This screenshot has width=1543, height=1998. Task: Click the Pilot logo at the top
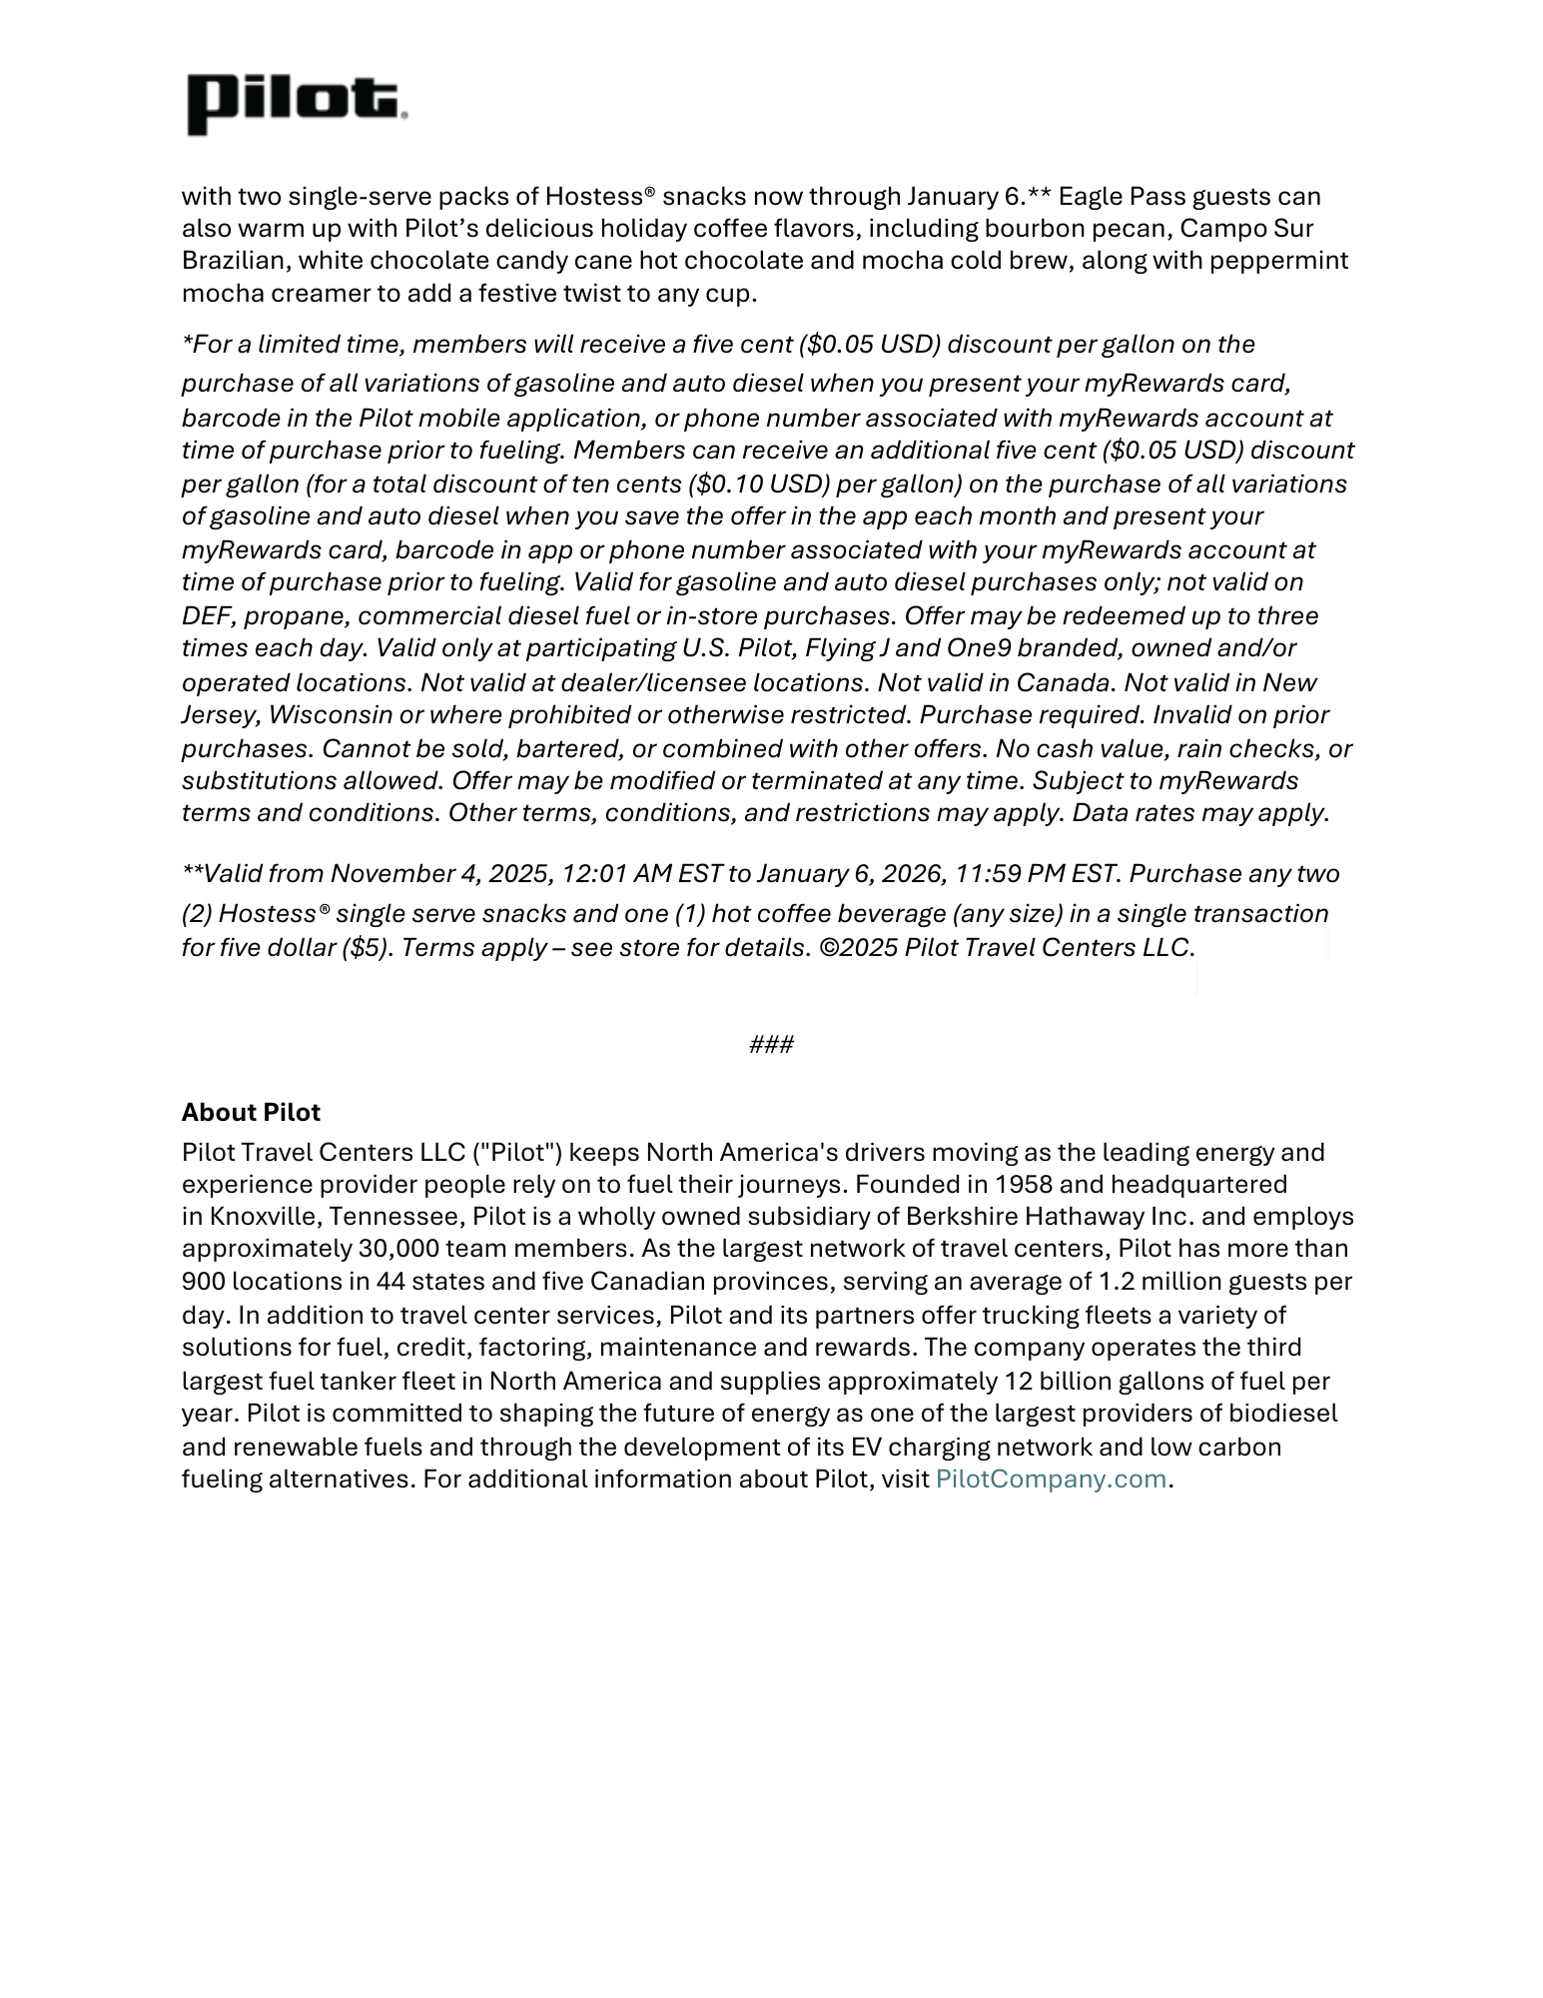[x=297, y=103]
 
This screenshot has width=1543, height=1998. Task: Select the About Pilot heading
[x=251, y=1112]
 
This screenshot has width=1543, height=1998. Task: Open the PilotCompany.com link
[x=1050, y=1479]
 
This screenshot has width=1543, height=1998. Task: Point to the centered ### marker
[x=771, y=1044]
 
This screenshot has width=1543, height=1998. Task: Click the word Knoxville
[x=265, y=1216]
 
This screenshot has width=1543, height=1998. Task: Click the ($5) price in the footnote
[x=368, y=947]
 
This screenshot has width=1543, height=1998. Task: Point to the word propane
[x=294, y=615]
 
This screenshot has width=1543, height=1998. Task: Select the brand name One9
[x=979, y=647]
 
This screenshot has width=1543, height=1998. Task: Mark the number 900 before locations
[x=203, y=1281]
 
